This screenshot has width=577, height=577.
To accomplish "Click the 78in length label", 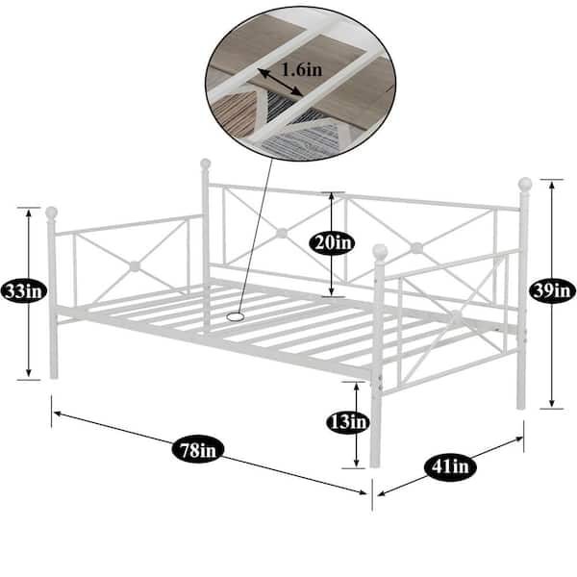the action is tap(198, 449).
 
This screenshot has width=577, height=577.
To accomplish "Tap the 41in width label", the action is tap(450, 467).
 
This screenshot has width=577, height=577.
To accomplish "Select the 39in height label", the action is tap(552, 291).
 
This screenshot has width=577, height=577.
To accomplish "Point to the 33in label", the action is tap(24, 291).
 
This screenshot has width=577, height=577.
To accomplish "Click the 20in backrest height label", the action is tap(332, 242).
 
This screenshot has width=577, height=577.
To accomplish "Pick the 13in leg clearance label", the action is tap(348, 421).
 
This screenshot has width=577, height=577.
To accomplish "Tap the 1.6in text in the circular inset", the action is tap(302, 69).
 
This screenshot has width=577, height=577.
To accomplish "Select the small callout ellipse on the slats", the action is tap(236, 316).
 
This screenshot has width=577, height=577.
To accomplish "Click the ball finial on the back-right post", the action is tap(525, 184).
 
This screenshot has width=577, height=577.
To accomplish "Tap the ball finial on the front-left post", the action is tap(52, 213).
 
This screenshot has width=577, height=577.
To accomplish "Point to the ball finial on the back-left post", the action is tap(206, 163).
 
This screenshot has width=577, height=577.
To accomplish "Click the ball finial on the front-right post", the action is tap(380, 251).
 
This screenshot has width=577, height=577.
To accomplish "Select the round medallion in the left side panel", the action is tap(135, 266).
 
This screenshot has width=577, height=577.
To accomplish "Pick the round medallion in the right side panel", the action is tap(456, 315).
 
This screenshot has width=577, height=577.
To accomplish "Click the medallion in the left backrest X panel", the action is tap(282, 233).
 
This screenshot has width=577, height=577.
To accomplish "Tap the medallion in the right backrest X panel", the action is tap(416, 248).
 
